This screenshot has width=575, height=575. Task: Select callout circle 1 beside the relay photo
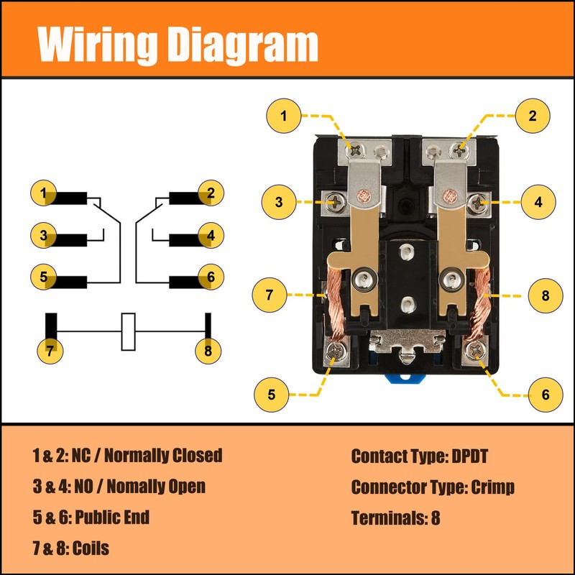click(283, 116)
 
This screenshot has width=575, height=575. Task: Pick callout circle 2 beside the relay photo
click(533, 116)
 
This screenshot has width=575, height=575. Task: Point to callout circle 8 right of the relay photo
click(544, 295)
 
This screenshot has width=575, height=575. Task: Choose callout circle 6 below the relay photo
click(544, 394)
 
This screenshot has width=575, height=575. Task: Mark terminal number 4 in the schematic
click(210, 235)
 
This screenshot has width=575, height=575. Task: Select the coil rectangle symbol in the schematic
click(129, 331)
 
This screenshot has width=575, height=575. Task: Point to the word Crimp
click(492, 487)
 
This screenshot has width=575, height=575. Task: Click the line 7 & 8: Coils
click(70, 548)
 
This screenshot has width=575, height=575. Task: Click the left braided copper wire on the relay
click(336, 302)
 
